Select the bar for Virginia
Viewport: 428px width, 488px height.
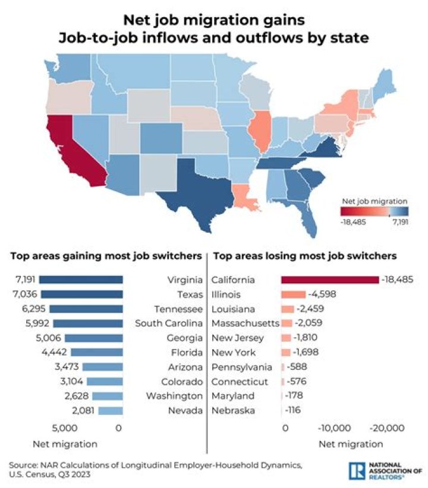[81, 280]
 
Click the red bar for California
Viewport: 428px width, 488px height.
[330, 280]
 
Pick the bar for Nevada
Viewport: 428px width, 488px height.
[110, 410]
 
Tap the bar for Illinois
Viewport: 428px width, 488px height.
[294, 294]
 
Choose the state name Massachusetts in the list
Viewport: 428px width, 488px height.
[246, 324]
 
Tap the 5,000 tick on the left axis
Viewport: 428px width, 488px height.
[65, 427]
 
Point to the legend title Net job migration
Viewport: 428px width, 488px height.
[373, 200]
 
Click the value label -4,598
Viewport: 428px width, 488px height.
[322, 294]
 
